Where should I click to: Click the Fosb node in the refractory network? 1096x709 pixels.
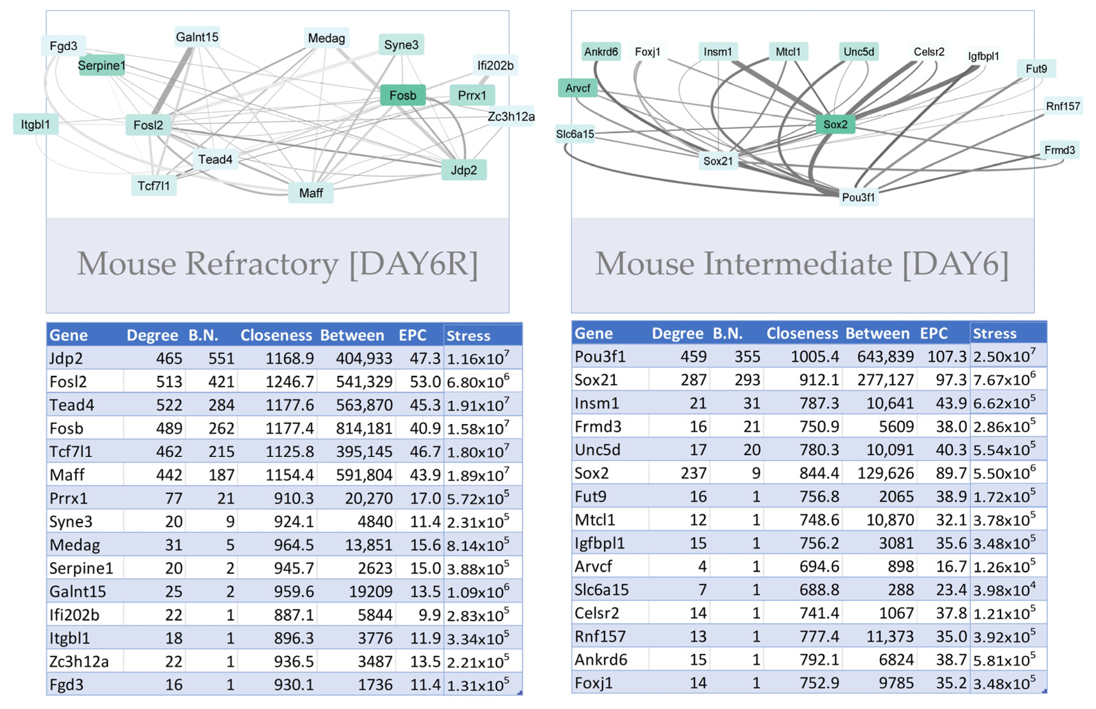pyautogui.click(x=402, y=95)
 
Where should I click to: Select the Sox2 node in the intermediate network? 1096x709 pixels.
pyautogui.click(x=835, y=124)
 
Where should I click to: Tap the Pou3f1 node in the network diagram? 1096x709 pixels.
pyautogui.click(x=858, y=197)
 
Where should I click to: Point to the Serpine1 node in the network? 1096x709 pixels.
pyautogui.click(x=101, y=65)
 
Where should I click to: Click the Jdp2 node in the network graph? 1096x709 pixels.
pyautogui.click(x=463, y=170)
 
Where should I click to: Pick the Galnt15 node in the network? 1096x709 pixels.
pyautogui.click(x=197, y=37)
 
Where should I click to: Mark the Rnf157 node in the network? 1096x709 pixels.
pyautogui.click(x=1062, y=106)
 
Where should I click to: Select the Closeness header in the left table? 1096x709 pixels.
pyautogui.click(x=276, y=335)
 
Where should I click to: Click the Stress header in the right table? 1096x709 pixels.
pyautogui.click(x=994, y=333)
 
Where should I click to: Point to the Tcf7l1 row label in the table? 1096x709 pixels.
pyautogui.click(x=71, y=451)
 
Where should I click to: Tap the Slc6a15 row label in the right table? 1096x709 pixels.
pyautogui.click(x=601, y=589)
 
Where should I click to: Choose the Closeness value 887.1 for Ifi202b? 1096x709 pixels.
pyautogui.click(x=293, y=614)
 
